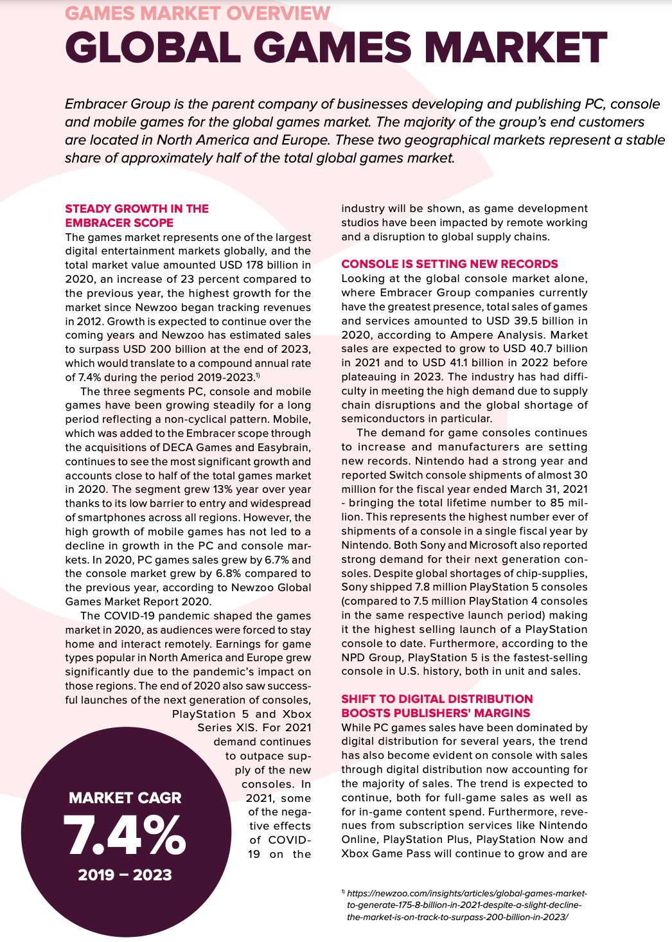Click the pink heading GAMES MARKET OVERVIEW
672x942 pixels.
pyautogui.click(x=198, y=13)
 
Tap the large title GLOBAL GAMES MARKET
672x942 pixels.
pyautogui.click(x=335, y=48)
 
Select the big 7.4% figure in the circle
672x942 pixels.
pyautogui.click(x=125, y=835)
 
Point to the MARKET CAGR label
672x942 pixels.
pyautogui.click(x=125, y=798)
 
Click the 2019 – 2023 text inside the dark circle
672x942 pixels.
pyautogui.click(x=125, y=875)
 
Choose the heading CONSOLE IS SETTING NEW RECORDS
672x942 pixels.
pyautogui.click(x=450, y=264)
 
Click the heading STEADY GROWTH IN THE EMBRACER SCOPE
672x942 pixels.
pyautogui.click(x=137, y=216)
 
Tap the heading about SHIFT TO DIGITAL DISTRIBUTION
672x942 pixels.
pyautogui.click(x=437, y=706)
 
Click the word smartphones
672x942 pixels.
pyautogui.click(x=113, y=517)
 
